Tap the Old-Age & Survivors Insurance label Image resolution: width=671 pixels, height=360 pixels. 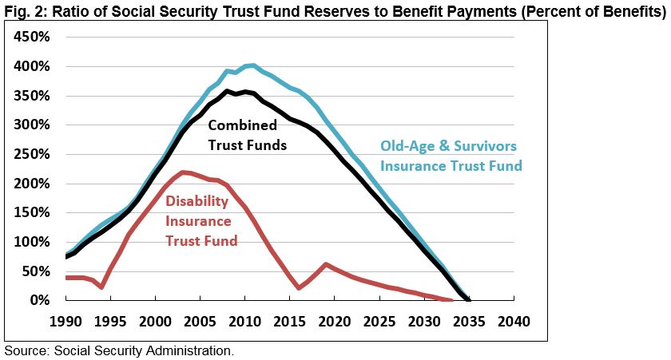point(451,156)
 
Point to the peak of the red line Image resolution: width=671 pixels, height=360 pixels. point(184,172)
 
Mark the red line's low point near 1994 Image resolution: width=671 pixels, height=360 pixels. point(101,287)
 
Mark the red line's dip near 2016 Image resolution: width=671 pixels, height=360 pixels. point(299,287)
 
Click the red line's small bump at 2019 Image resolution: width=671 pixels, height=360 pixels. point(325,264)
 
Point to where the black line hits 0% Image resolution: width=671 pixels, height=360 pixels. point(468,300)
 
